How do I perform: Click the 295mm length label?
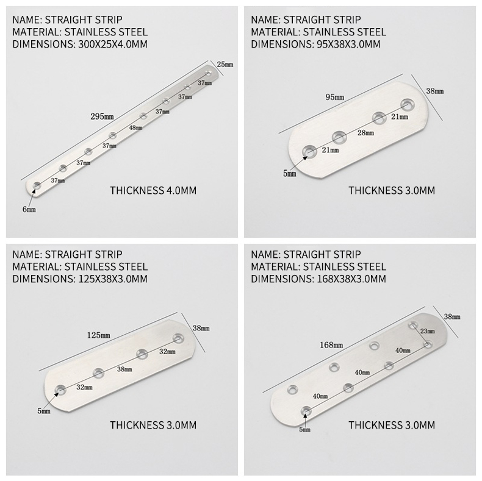102,116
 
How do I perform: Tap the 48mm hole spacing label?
135,127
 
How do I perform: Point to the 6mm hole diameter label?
29,210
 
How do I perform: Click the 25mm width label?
225,65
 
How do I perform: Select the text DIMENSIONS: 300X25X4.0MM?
80,45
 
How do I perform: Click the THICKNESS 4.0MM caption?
153,190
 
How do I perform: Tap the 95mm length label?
335,98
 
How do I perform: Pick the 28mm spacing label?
365,133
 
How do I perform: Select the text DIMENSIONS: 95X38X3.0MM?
315,45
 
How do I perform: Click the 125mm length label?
99,335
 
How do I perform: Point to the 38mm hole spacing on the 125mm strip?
124,369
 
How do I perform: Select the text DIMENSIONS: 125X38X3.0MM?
80,279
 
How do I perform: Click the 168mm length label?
331,345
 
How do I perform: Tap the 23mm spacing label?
428,331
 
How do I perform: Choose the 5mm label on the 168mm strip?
304,429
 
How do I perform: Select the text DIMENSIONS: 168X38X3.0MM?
318,279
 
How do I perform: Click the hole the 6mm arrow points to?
37,185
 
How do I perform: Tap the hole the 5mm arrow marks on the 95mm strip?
309,152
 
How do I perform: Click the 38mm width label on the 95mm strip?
434,91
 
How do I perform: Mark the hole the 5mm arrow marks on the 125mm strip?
60,390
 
